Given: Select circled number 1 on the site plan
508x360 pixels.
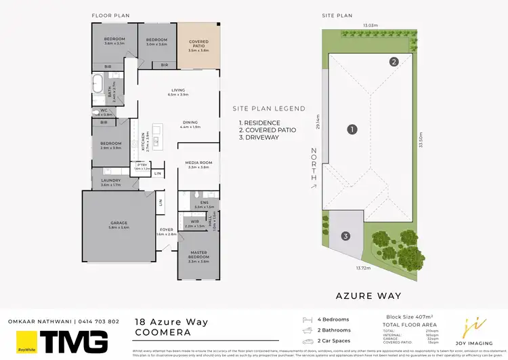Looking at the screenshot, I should coord(352,129).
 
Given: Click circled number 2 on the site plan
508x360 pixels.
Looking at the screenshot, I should coord(394,62).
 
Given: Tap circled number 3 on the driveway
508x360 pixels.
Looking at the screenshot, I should coord(345,237).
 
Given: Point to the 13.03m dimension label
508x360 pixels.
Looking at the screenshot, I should coord(370,26).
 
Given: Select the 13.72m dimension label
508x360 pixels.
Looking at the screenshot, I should coord(362,268).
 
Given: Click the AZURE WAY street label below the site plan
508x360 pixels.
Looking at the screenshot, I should coord(369,296).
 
